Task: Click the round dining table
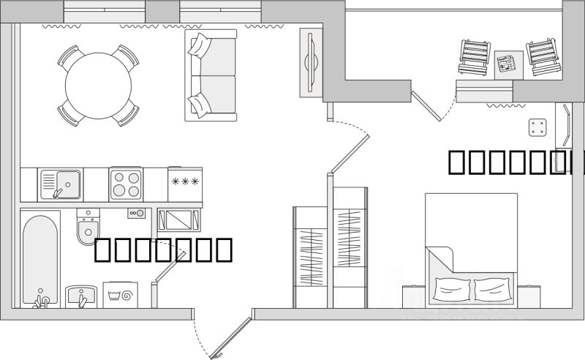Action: click(x=98, y=84)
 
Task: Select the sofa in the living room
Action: click(x=211, y=75)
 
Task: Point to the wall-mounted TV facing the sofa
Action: click(x=310, y=63)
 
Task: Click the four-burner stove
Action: click(x=126, y=184)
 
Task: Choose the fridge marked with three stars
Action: click(x=184, y=184)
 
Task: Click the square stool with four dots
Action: click(x=538, y=127)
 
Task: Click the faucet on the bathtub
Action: click(x=42, y=299)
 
